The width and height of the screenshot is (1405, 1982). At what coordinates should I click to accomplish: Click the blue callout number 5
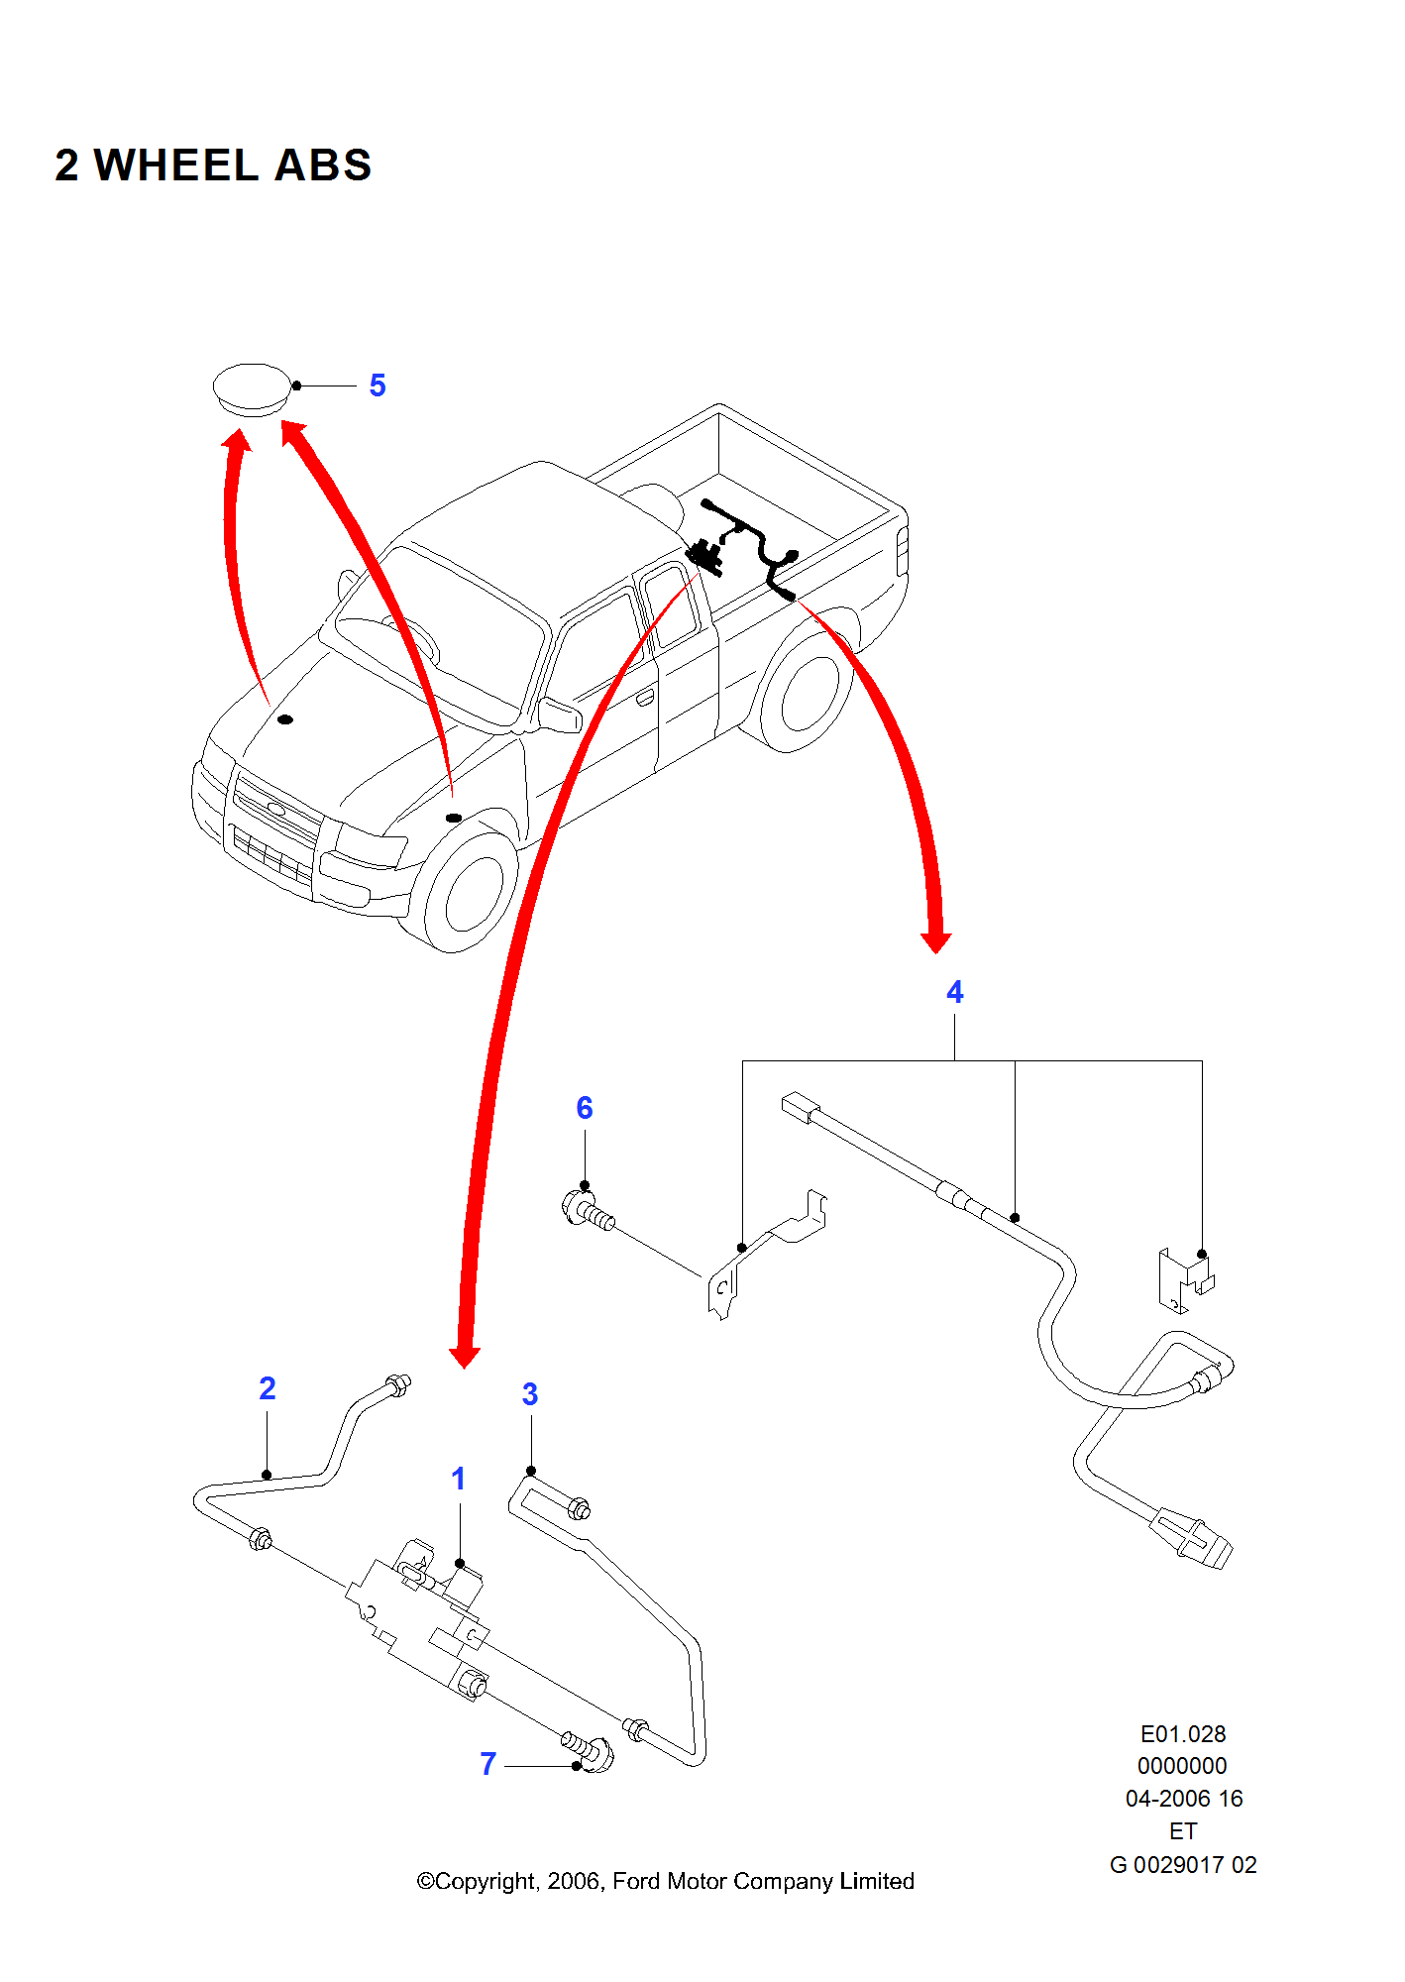(378, 385)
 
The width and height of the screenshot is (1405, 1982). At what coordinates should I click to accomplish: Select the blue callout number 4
(954, 992)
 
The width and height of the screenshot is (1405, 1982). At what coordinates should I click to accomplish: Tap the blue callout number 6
(585, 1108)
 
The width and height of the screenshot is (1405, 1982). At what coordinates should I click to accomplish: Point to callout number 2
(268, 1388)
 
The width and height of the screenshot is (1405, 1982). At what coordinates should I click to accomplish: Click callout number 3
(530, 1394)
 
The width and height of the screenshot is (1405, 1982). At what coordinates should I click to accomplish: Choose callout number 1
(458, 1479)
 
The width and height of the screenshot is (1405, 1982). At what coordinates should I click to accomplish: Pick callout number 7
(487, 1764)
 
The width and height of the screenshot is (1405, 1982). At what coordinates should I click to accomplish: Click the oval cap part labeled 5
(253, 388)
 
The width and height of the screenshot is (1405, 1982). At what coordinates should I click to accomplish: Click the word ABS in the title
(323, 165)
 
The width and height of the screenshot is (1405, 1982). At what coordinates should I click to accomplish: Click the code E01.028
(1182, 1734)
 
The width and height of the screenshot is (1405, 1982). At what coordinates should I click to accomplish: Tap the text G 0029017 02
(1182, 1865)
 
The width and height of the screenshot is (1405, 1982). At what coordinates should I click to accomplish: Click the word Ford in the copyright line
(637, 1881)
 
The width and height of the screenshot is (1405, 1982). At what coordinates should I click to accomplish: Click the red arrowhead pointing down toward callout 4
(935, 941)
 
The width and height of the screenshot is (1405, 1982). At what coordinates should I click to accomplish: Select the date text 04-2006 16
(1183, 1799)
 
